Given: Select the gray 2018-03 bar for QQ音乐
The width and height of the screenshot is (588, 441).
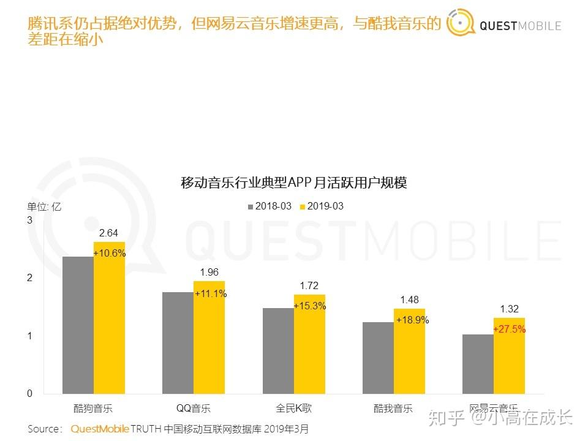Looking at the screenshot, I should [x=178, y=343].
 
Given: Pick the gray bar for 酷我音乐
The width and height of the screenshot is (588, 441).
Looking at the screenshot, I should [x=378, y=358].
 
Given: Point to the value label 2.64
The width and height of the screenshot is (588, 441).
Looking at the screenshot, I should [x=109, y=233].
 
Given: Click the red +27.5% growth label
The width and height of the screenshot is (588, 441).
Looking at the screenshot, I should [x=509, y=329].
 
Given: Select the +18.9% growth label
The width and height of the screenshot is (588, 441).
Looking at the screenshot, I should [x=412, y=320].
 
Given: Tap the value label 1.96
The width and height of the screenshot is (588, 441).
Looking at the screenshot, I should [x=209, y=272].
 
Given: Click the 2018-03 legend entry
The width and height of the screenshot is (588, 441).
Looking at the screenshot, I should [x=269, y=206].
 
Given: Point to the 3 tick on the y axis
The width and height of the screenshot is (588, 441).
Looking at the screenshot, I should [x=29, y=220].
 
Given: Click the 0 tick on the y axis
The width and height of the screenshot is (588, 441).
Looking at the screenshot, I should [x=29, y=394].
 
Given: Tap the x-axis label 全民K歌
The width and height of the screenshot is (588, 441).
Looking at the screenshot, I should [x=293, y=409].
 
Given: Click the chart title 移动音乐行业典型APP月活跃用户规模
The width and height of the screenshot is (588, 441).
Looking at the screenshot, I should [x=293, y=183].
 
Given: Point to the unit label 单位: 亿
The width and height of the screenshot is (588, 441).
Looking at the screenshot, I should [x=44, y=206].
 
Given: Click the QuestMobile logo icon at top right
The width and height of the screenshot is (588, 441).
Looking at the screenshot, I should [x=461, y=24].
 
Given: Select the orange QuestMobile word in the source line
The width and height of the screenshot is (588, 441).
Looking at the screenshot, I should [x=100, y=429].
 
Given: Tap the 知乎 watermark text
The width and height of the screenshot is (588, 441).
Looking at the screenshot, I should [x=445, y=418].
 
